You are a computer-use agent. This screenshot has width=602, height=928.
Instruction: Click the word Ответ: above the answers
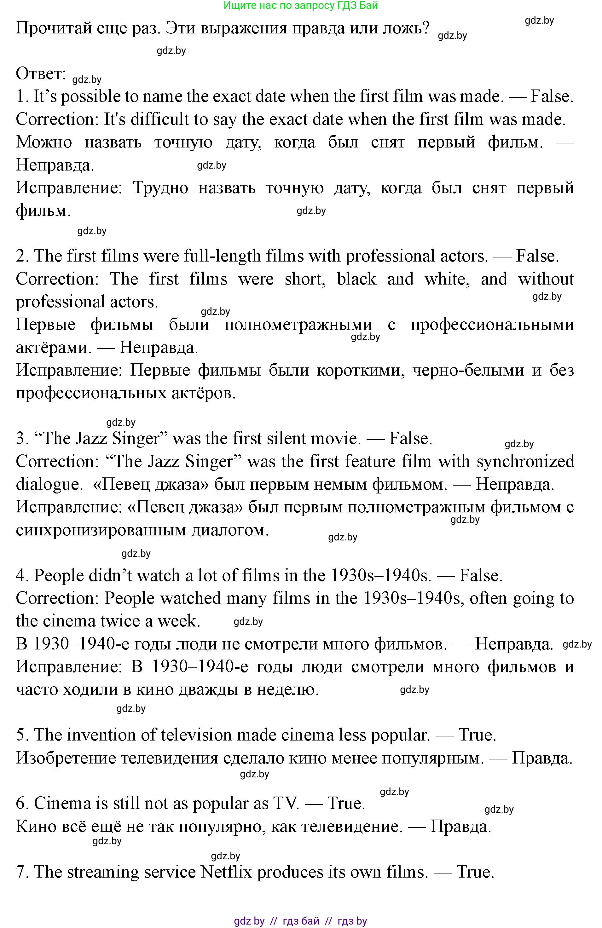pos(41,74)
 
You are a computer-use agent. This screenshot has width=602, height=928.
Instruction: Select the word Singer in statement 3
pos(136,438)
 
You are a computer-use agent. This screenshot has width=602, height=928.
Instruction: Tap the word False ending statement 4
pos(481,575)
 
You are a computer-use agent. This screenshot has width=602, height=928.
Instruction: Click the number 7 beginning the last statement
pos(20,872)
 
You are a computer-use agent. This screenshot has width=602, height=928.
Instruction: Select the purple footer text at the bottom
pos(300,922)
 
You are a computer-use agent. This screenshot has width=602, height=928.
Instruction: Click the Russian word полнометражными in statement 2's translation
pos(298,325)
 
